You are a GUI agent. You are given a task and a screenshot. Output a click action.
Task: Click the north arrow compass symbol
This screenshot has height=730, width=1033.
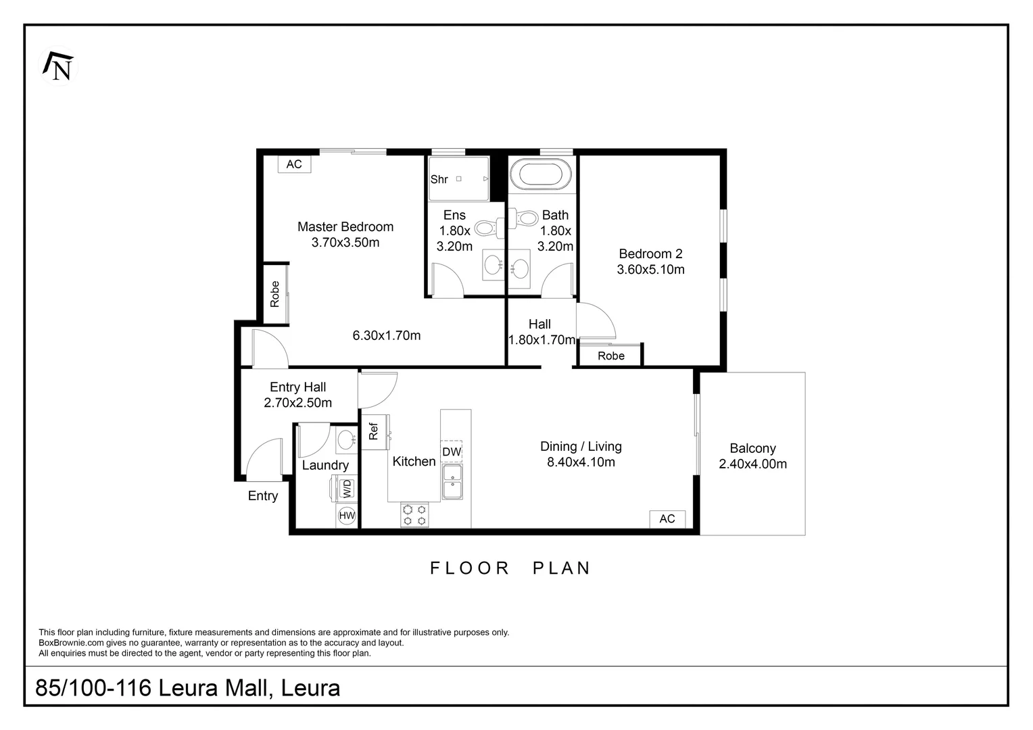[59, 66]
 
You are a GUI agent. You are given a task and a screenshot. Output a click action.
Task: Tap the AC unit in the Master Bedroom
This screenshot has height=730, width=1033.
[294, 164]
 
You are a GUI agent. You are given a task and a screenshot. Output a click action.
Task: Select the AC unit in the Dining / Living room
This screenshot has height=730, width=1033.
[667, 518]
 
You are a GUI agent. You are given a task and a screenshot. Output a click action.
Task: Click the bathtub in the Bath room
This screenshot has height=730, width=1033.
[539, 174]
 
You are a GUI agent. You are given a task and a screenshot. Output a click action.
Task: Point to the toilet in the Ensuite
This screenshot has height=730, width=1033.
[488, 228]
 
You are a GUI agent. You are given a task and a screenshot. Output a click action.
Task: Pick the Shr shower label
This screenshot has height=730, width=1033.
[439, 179]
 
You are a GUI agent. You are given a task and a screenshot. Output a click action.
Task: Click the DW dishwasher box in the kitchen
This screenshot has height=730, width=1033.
[452, 452]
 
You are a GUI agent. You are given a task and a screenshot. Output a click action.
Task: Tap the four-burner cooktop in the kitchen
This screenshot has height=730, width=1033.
[414, 515]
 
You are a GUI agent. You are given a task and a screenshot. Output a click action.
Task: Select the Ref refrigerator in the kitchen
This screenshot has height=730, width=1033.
[374, 431]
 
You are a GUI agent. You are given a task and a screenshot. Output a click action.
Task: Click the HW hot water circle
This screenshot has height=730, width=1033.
[347, 516]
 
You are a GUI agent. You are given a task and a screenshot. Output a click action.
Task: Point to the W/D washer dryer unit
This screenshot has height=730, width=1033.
[345, 488]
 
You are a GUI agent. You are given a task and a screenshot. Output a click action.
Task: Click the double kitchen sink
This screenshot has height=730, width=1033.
[452, 481]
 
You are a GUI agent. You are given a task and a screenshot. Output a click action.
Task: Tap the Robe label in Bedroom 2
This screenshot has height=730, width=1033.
[611, 356]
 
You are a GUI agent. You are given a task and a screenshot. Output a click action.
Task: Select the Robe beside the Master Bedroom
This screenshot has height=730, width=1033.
[275, 294]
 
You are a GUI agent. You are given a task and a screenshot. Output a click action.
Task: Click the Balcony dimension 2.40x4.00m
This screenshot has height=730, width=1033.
[752, 464]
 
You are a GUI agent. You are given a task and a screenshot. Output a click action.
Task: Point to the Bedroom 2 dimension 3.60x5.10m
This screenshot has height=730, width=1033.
[650, 269]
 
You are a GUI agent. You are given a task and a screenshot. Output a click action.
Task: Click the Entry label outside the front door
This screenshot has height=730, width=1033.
[263, 495]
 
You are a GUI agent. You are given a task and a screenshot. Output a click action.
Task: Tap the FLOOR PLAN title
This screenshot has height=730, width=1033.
[510, 568]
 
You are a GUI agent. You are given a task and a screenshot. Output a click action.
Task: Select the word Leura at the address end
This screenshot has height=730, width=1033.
[310, 687]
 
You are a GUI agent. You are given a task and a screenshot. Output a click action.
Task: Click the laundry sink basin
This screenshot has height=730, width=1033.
[346, 439]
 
